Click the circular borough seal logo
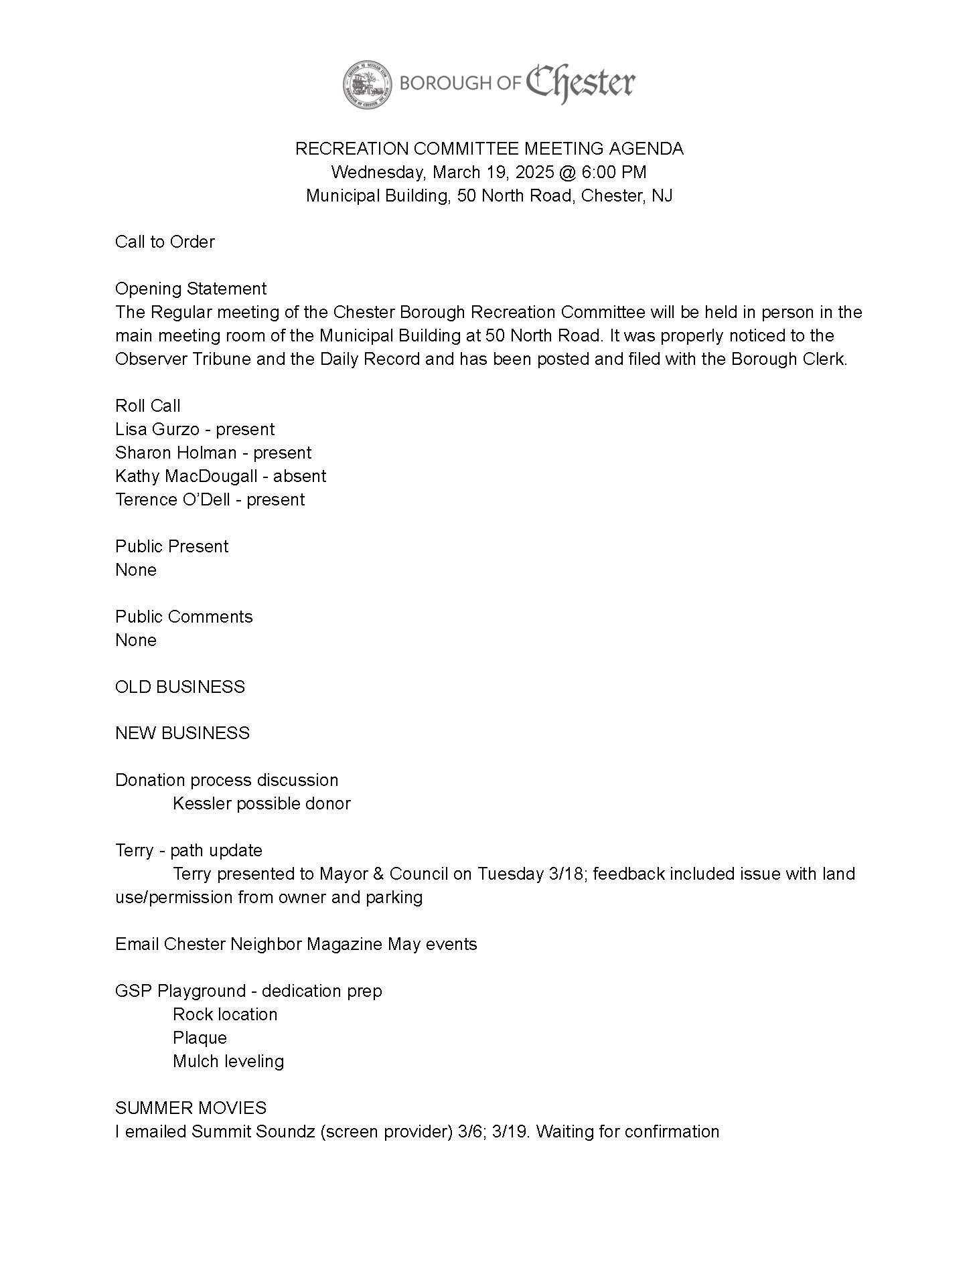(x=368, y=84)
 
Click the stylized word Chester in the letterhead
(x=580, y=84)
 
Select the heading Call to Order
(x=165, y=242)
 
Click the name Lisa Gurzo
(x=157, y=429)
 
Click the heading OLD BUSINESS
(x=180, y=687)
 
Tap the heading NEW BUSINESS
(x=182, y=733)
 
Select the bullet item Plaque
(x=200, y=1038)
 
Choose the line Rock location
(x=225, y=1014)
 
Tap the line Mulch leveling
(x=228, y=1061)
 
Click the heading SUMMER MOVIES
(x=191, y=1108)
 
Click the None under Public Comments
(x=136, y=640)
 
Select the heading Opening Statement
(x=191, y=289)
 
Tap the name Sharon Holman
(x=175, y=453)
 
